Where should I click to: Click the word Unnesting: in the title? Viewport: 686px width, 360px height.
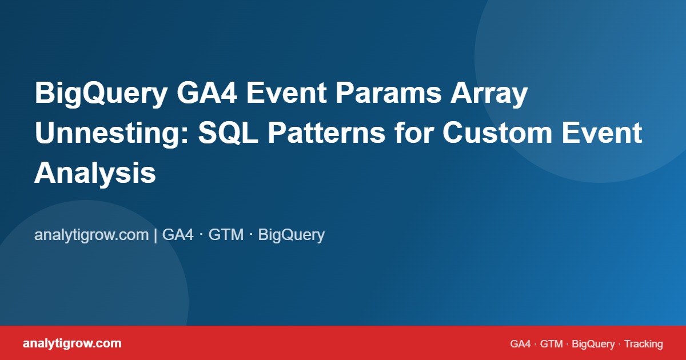[111, 134]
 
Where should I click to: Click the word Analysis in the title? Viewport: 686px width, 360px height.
[95, 173]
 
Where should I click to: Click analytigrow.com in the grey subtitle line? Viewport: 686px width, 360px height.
[91, 235]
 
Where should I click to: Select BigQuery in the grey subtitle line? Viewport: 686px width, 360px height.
[292, 235]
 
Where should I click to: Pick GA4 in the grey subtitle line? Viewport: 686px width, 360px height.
[178, 235]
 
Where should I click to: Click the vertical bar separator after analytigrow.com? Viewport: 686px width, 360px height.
[155, 235]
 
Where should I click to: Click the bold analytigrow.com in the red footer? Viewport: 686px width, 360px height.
[72, 343]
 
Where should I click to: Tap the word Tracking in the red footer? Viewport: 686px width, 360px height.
[643, 344]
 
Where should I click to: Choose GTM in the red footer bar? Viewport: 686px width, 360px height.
[551, 344]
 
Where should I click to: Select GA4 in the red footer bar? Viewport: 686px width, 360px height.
[520, 344]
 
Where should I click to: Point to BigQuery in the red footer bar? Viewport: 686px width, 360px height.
[593, 344]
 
